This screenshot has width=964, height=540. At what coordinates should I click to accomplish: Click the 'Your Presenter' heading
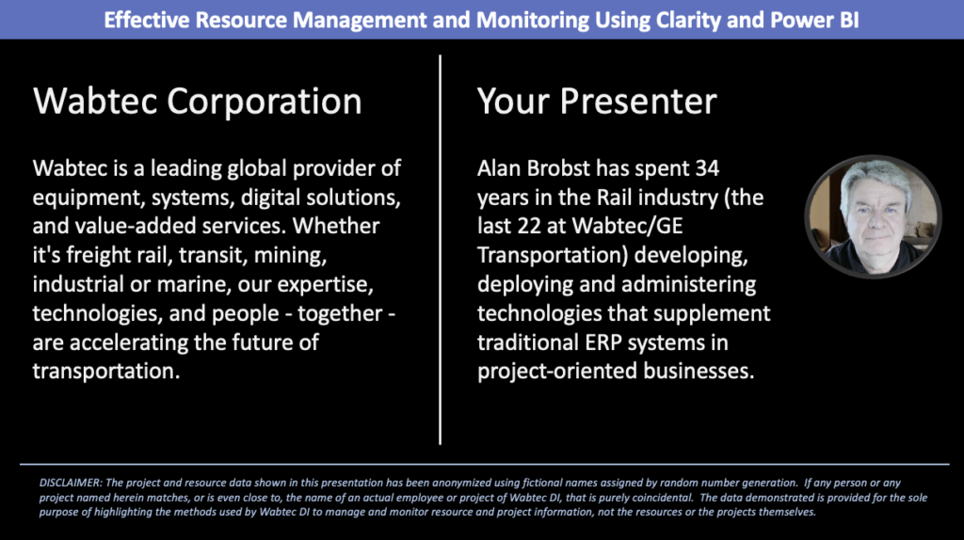pyautogui.click(x=597, y=102)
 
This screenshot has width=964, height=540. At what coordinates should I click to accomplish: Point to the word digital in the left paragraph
pyautogui.click(x=247, y=198)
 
